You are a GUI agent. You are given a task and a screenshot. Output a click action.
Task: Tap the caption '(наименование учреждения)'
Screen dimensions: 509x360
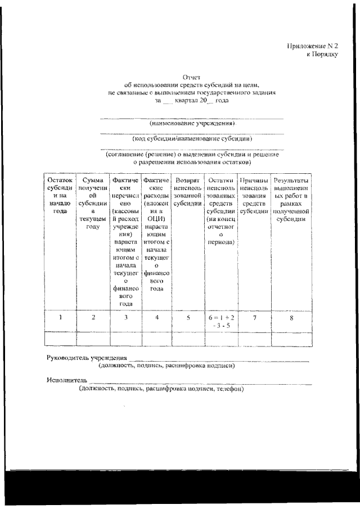point(192,123)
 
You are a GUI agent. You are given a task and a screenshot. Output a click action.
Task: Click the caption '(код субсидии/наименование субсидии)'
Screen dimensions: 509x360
point(192,138)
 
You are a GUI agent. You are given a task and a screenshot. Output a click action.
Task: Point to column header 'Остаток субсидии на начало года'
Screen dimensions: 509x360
point(60,196)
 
